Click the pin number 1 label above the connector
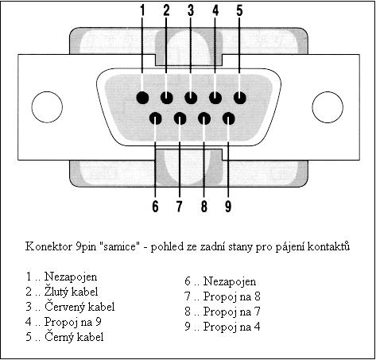[142, 10]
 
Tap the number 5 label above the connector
[239, 10]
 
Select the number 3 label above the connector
[191, 10]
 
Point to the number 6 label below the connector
[155, 206]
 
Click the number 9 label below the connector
[228, 206]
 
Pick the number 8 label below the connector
[204, 206]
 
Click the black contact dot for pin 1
[142, 98]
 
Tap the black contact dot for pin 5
[240, 98]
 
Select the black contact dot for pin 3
[191, 98]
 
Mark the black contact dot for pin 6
[156, 118]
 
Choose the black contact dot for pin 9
[229, 118]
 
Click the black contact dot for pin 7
[180, 118]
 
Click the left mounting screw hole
[47, 107]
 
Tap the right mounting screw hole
[328, 107]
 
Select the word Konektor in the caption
[48, 246]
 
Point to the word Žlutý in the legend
[56, 292]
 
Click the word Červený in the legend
[64, 307]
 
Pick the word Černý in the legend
[59, 337]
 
